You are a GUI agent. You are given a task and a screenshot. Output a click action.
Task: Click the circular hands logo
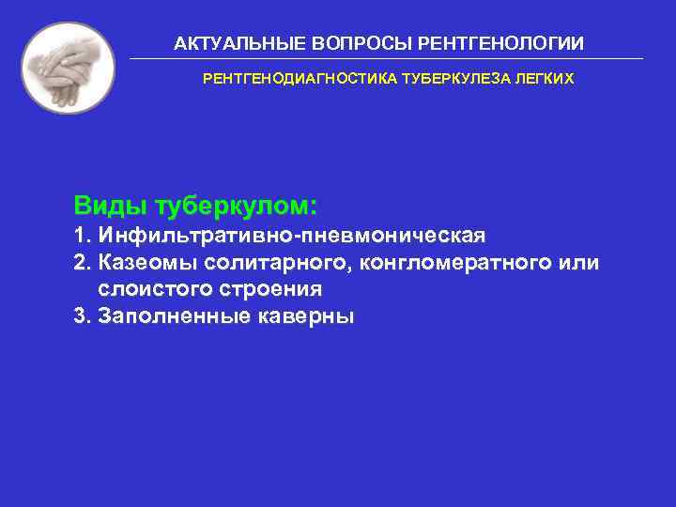pos(68,68)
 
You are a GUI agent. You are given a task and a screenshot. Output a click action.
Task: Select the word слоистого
pos(150,289)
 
